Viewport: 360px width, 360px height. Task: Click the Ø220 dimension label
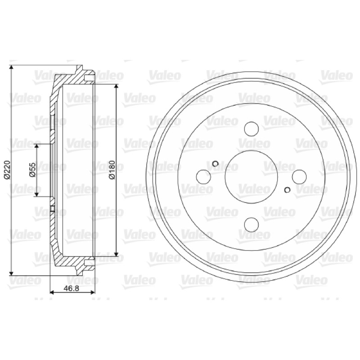(7, 170)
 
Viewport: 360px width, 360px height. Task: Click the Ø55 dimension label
(33, 170)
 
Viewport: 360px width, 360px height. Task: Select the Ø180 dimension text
(112, 170)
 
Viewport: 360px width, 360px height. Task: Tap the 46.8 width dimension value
(72, 288)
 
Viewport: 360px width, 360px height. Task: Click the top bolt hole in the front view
(252, 129)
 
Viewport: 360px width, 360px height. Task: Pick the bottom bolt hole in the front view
(252, 225)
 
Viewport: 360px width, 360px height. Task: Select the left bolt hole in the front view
(204, 177)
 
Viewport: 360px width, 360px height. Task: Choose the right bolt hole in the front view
(299, 177)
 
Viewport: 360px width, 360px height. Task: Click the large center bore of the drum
(252, 177)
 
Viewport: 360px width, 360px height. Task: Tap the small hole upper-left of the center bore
(216, 163)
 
